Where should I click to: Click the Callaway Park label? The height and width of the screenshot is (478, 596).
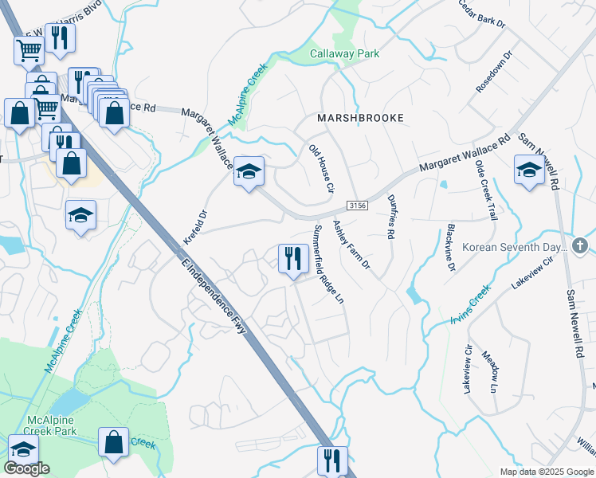[x=344, y=54]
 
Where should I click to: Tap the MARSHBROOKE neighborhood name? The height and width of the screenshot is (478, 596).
[x=360, y=118]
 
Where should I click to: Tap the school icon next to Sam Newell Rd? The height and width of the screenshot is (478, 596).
[x=529, y=170]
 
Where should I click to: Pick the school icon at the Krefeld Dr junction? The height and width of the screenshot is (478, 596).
[x=249, y=171]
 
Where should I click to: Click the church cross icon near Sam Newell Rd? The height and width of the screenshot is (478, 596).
[x=581, y=246]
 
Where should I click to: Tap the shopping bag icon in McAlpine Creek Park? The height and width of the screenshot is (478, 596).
[x=114, y=442]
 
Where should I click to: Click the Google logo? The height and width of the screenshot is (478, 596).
[x=26, y=468]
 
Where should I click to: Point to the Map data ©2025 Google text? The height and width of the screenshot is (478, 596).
[x=547, y=472]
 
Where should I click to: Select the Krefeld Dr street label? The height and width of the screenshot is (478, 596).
[x=194, y=228]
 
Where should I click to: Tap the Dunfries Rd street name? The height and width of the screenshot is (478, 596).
[x=390, y=217]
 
